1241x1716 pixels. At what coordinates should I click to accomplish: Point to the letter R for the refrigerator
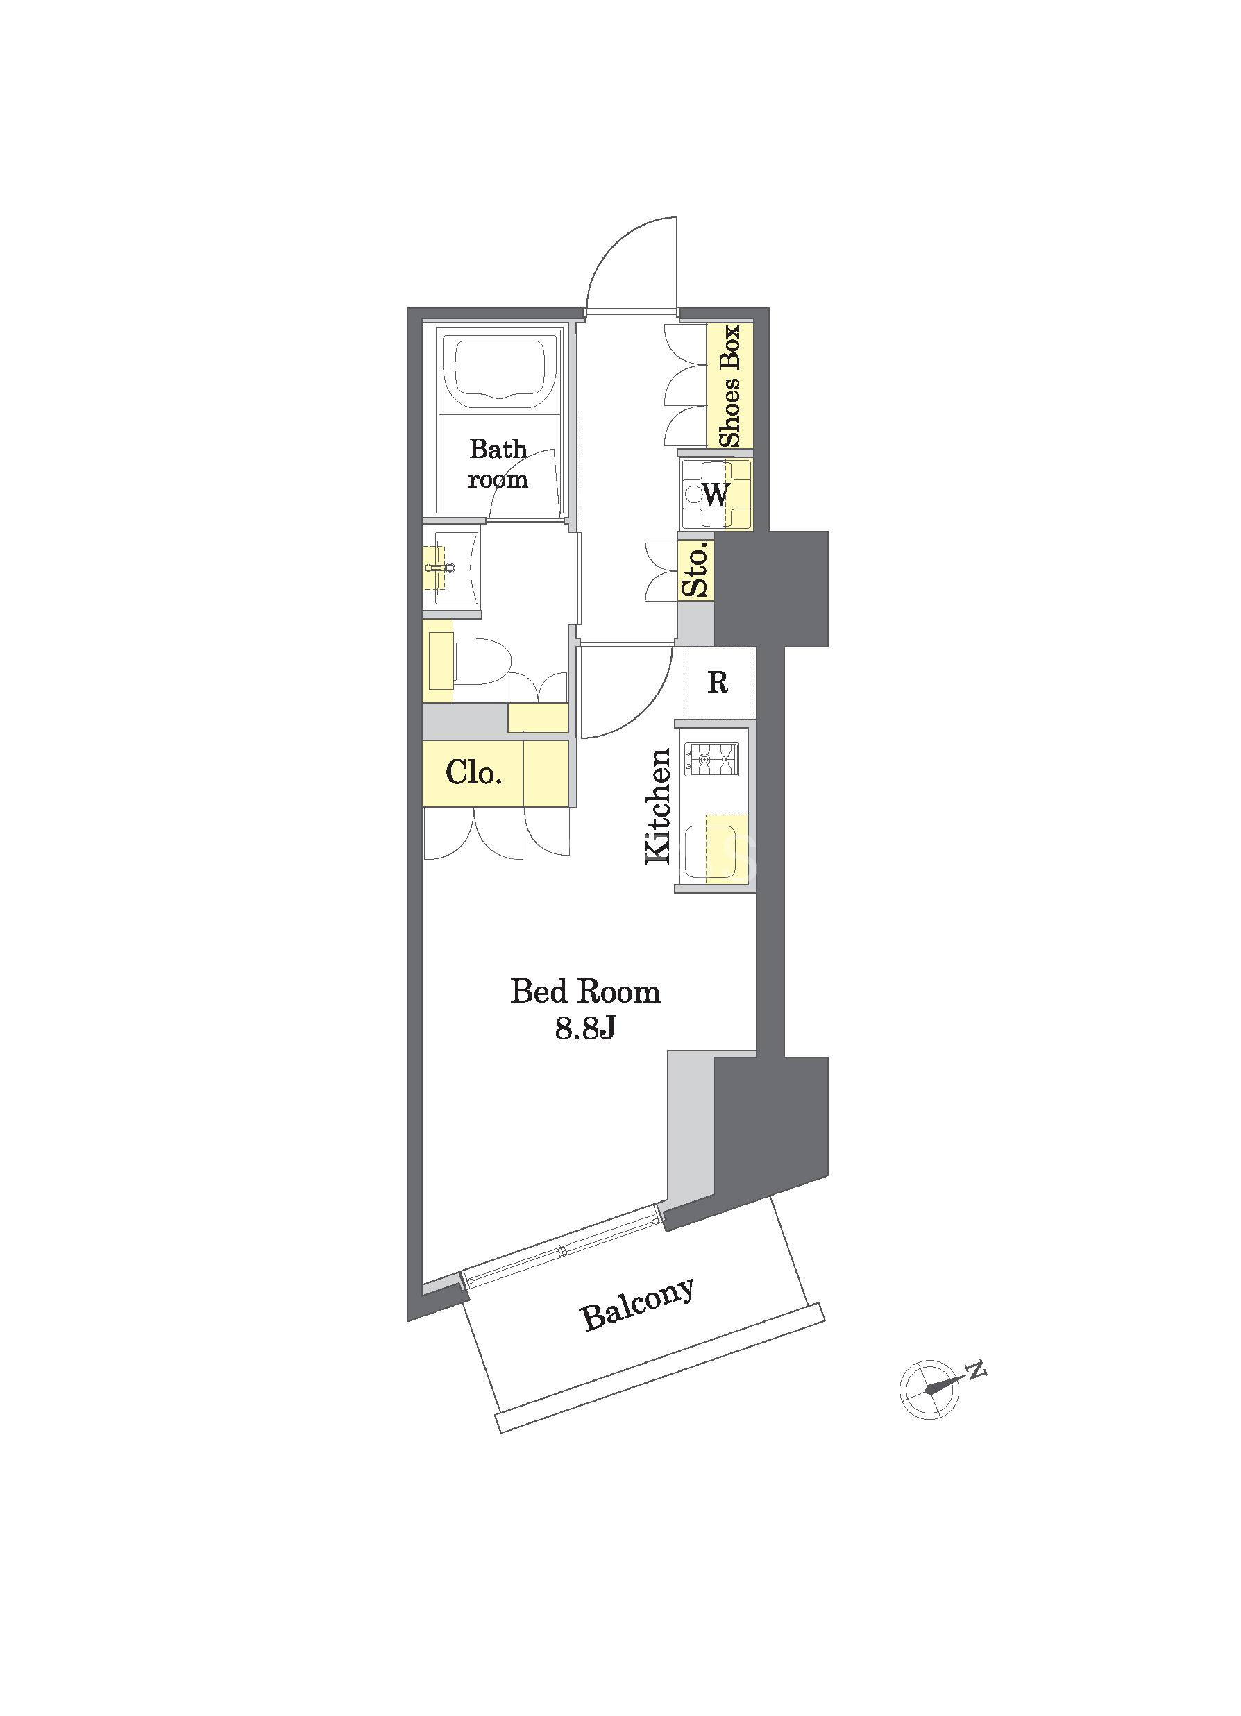click(718, 683)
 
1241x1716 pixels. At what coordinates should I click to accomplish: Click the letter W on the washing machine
click(716, 495)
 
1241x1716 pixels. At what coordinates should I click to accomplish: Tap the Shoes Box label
click(729, 386)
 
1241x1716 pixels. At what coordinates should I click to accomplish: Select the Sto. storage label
click(695, 570)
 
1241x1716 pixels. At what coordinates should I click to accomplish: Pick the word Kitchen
click(657, 806)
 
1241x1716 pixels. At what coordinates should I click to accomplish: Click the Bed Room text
click(586, 992)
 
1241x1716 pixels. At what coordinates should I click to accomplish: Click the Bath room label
click(498, 463)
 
